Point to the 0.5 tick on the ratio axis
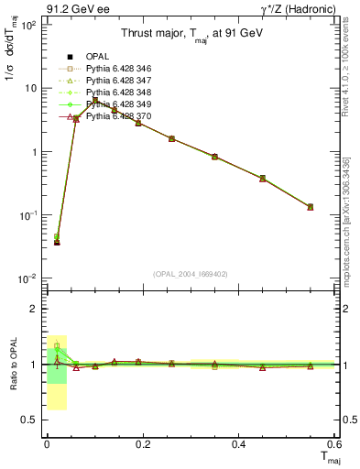[x=33, y=420]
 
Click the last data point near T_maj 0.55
[x=311, y=207]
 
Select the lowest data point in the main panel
[x=57, y=242]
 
